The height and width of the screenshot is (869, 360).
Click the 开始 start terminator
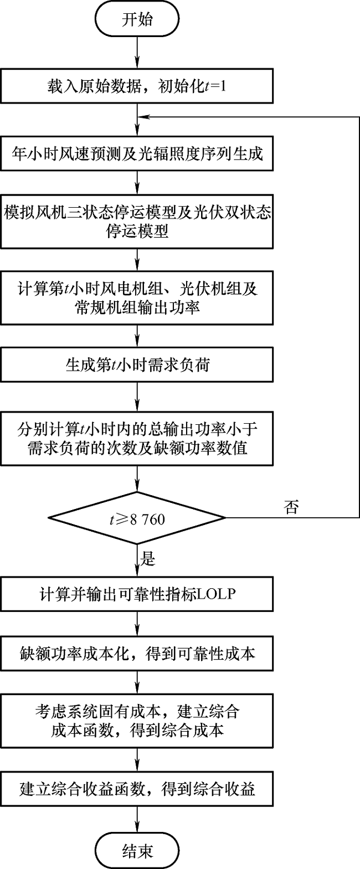[137, 19]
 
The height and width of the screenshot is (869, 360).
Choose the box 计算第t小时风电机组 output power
[137, 297]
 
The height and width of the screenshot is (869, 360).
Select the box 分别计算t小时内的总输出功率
[137, 438]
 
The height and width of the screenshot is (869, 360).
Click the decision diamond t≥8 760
[137, 518]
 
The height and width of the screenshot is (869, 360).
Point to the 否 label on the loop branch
[291, 507]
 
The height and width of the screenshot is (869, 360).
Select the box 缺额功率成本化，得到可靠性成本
[137, 653]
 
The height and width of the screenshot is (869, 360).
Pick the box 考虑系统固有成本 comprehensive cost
[137, 720]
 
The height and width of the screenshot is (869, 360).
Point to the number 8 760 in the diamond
[147, 519]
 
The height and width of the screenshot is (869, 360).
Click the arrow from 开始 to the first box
[137, 53]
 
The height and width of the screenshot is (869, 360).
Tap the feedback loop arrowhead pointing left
[142, 117]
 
